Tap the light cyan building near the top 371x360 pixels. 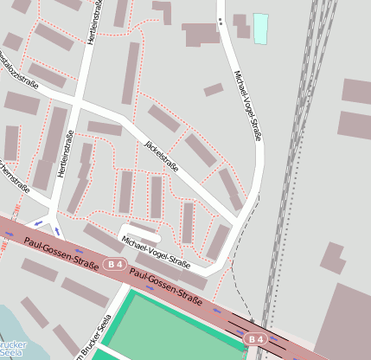click(x=260, y=29)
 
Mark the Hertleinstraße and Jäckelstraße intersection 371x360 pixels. click(x=79, y=102)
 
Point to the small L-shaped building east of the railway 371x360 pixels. click(x=331, y=259)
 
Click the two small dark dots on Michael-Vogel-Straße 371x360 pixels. click(x=220, y=22)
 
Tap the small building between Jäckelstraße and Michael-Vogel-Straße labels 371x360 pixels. click(x=213, y=90)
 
